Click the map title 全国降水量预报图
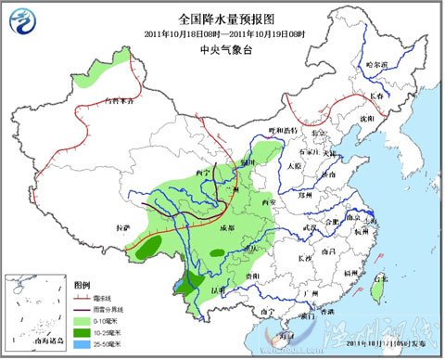point(222,19)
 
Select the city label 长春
point(375,96)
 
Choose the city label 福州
point(351,274)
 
